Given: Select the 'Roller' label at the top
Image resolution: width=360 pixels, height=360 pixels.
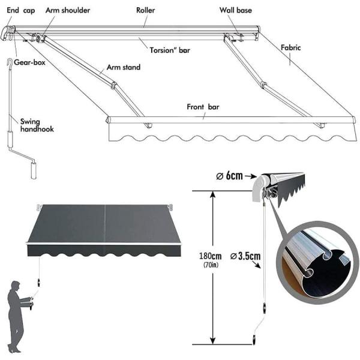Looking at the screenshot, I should tap(145, 11).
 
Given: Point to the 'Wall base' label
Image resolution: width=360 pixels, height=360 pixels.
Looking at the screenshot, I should tap(236, 11).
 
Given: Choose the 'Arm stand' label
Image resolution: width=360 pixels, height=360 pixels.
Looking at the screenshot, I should tap(124, 67).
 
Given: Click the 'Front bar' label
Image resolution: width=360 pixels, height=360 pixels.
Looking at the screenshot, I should tap(203, 107).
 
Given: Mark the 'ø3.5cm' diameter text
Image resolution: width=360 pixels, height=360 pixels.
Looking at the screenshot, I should tap(245, 256).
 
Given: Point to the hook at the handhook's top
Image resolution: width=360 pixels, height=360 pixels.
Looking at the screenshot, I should tap(8, 62).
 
